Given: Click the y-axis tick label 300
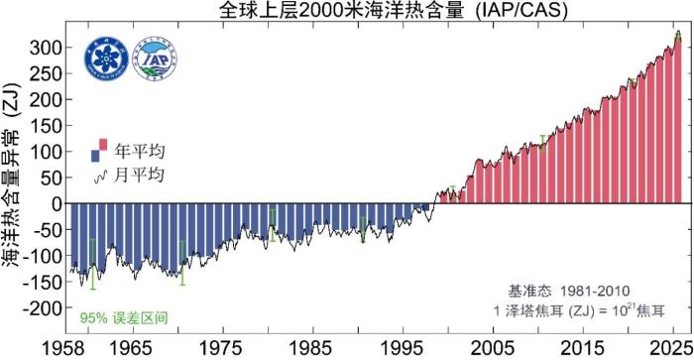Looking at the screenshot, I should (x=49, y=48).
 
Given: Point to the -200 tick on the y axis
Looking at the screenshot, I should (x=44, y=308).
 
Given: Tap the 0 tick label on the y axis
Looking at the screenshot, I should (x=59, y=204).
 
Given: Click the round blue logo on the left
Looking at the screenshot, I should (x=101, y=59).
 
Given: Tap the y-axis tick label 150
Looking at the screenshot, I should (x=49, y=126).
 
